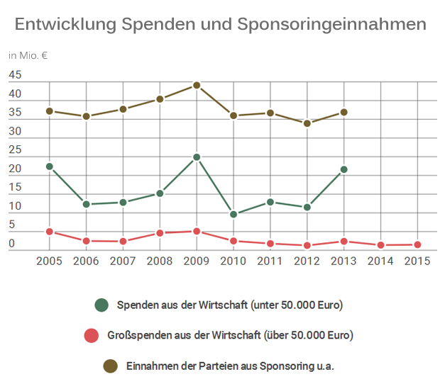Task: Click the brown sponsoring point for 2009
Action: coord(197,85)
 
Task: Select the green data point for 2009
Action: coord(197,157)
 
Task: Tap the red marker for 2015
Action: coord(417,244)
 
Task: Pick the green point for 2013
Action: coord(344,169)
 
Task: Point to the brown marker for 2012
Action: coord(307,123)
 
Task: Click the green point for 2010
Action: coord(233,214)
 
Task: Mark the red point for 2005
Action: coord(50,232)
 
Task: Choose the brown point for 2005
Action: coord(50,111)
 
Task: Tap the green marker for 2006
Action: coord(87,204)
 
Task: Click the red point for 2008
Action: coord(160,232)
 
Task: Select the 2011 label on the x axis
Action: coord(270,261)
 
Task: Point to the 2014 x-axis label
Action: coord(380,261)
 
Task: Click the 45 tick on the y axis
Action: coord(15,76)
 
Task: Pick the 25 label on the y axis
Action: coord(15,150)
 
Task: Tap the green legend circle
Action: coord(101,305)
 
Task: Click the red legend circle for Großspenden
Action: coord(90,335)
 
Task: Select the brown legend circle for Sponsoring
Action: coord(110,366)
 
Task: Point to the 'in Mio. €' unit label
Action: coord(28,55)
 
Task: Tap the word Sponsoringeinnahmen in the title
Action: coord(332,25)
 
